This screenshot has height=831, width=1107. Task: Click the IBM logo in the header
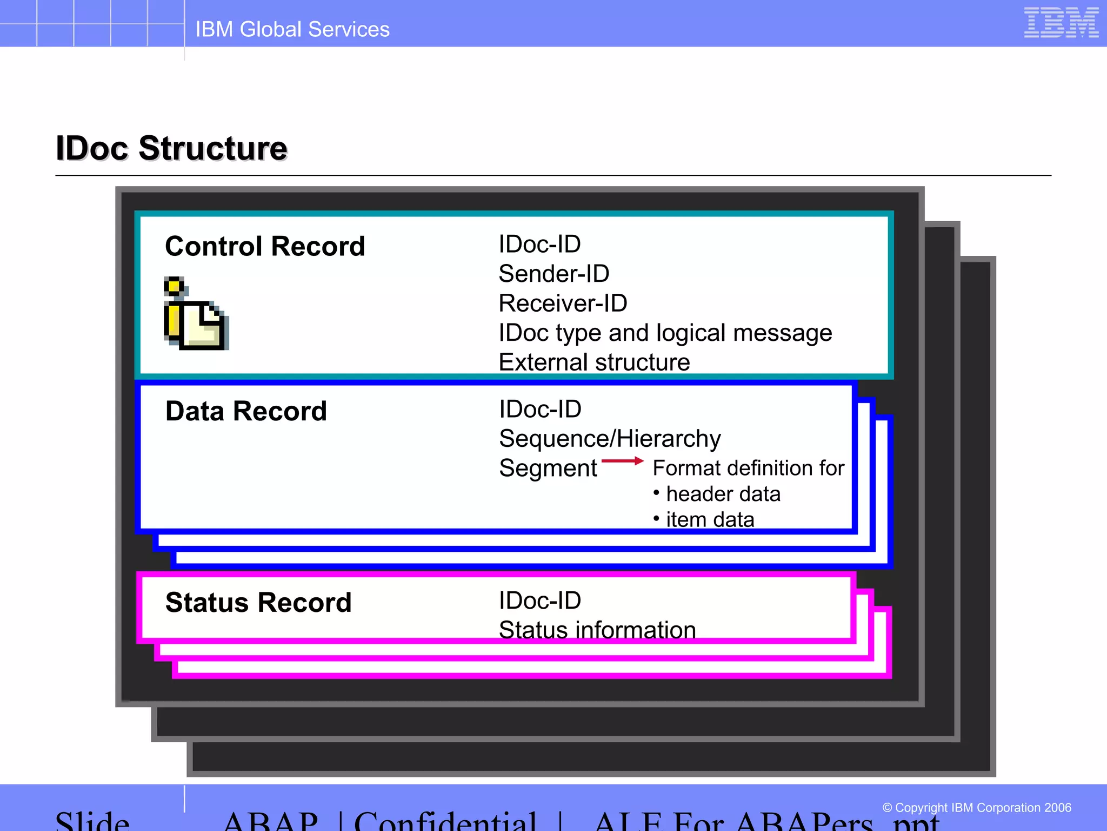click(x=1061, y=23)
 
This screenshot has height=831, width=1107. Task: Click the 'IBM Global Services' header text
click(x=292, y=29)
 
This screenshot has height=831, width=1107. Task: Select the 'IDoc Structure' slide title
click(x=172, y=148)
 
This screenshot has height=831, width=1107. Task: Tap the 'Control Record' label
click(x=265, y=246)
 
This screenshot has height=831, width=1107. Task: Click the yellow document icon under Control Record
click(x=196, y=314)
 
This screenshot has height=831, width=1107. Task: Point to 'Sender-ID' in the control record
click(x=553, y=274)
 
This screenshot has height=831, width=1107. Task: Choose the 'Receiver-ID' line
click(x=563, y=304)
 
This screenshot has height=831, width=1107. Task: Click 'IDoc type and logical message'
click(x=665, y=333)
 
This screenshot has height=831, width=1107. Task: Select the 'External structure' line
click(x=594, y=362)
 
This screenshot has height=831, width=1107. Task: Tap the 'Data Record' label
click(x=246, y=411)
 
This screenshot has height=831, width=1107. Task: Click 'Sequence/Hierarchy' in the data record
click(x=610, y=439)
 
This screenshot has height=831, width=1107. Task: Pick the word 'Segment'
click(x=548, y=468)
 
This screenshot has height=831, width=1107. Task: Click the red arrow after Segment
click(x=622, y=461)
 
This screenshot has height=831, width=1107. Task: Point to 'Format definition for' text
click(x=748, y=468)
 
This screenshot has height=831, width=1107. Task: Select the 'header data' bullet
click(x=723, y=494)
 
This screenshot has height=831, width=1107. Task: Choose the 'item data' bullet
click(x=710, y=519)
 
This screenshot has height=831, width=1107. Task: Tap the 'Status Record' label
click(x=258, y=603)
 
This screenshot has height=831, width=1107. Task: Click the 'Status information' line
click(x=597, y=630)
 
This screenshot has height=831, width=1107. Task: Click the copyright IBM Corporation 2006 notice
click(x=976, y=808)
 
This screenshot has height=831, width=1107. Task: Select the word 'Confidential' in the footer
click(x=445, y=821)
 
